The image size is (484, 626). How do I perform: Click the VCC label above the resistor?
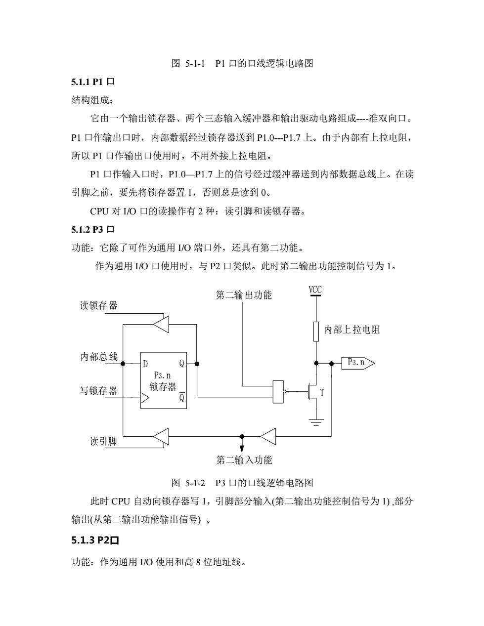[315, 290]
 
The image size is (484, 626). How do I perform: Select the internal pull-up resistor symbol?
[316, 332]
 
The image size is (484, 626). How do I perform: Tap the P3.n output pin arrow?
[358, 363]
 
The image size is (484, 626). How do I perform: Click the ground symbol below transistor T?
[316, 422]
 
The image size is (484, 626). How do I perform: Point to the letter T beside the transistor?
[322, 392]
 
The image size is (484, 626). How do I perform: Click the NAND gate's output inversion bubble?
[285, 391]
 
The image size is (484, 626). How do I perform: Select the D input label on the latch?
[145, 364]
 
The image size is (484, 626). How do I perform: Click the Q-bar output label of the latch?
[181, 396]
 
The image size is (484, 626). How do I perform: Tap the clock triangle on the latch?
[145, 398]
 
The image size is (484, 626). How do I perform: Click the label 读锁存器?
[98, 305]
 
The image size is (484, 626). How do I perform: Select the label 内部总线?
[99, 357]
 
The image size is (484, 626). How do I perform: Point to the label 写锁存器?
[98, 391]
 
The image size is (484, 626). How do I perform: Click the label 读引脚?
[103, 441]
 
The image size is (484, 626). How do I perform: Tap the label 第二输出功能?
[244, 295]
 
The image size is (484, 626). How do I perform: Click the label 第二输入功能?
[244, 460]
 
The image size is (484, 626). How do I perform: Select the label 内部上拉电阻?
[352, 330]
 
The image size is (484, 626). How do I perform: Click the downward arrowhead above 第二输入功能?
[242, 449]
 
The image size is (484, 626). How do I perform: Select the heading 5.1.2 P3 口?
[93, 229]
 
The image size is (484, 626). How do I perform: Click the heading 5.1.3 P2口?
[95, 540]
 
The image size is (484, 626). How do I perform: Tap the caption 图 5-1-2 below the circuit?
[188, 483]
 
